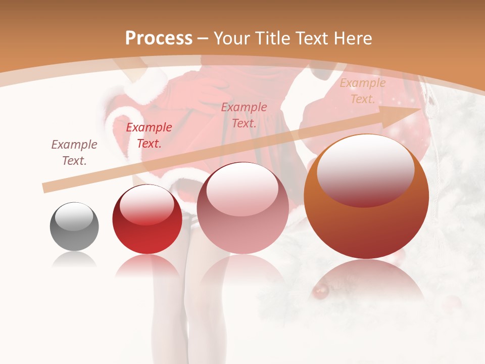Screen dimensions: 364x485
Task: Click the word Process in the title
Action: click(x=159, y=38)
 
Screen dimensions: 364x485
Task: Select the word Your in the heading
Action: click(x=233, y=38)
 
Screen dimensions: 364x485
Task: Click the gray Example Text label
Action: click(x=74, y=153)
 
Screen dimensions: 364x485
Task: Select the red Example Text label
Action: click(x=149, y=135)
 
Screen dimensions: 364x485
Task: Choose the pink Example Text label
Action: click(x=244, y=115)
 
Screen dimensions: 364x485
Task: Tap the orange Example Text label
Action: click(x=362, y=91)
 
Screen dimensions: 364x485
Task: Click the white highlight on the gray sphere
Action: click(x=74, y=217)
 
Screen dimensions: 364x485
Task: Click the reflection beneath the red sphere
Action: click(x=147, y=266)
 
